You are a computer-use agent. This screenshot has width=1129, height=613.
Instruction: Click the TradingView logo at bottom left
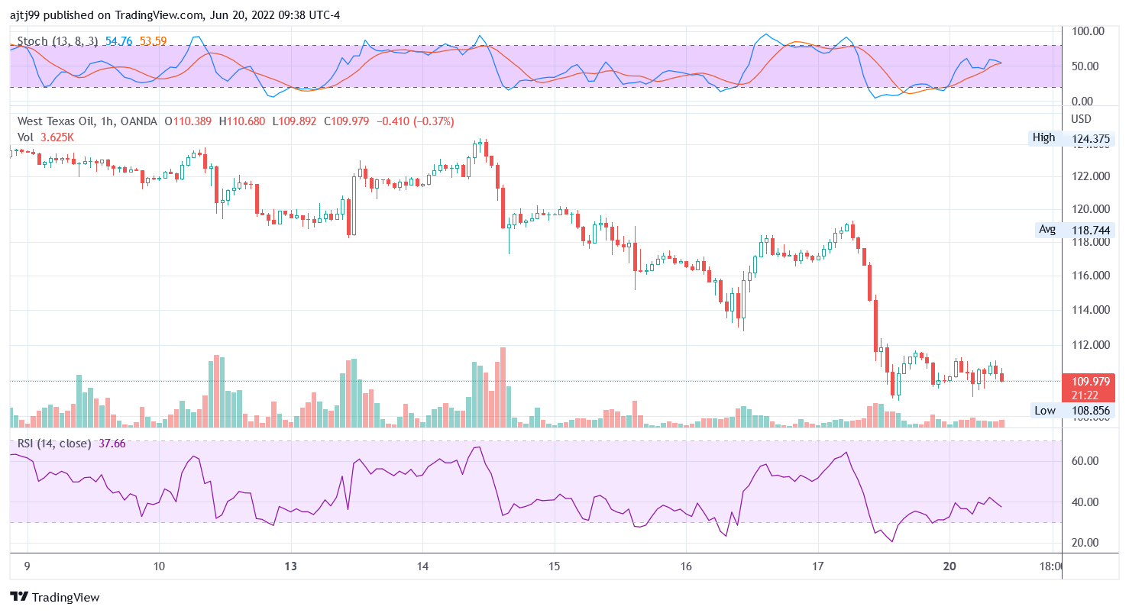(54, 597)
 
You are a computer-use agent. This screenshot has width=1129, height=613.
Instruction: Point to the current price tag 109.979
(1085, 382)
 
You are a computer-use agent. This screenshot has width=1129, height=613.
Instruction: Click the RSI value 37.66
(112, 444)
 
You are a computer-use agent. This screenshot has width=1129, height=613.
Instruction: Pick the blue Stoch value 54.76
(119, 40)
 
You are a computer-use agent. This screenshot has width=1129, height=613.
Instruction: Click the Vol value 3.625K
(57, 137)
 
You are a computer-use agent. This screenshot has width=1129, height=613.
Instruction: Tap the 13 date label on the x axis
(290, 566)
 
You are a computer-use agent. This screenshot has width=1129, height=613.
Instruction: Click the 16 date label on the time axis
(686, 566)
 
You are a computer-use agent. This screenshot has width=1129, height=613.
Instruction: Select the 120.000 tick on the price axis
(1090, 209)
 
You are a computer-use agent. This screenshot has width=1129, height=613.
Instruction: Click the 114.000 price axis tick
(1090, 310)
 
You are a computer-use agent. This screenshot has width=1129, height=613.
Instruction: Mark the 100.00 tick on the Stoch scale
(1089, 31)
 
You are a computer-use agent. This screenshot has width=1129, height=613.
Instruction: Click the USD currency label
(1082, 119)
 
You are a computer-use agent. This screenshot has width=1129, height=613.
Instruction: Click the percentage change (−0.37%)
(433, 121)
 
